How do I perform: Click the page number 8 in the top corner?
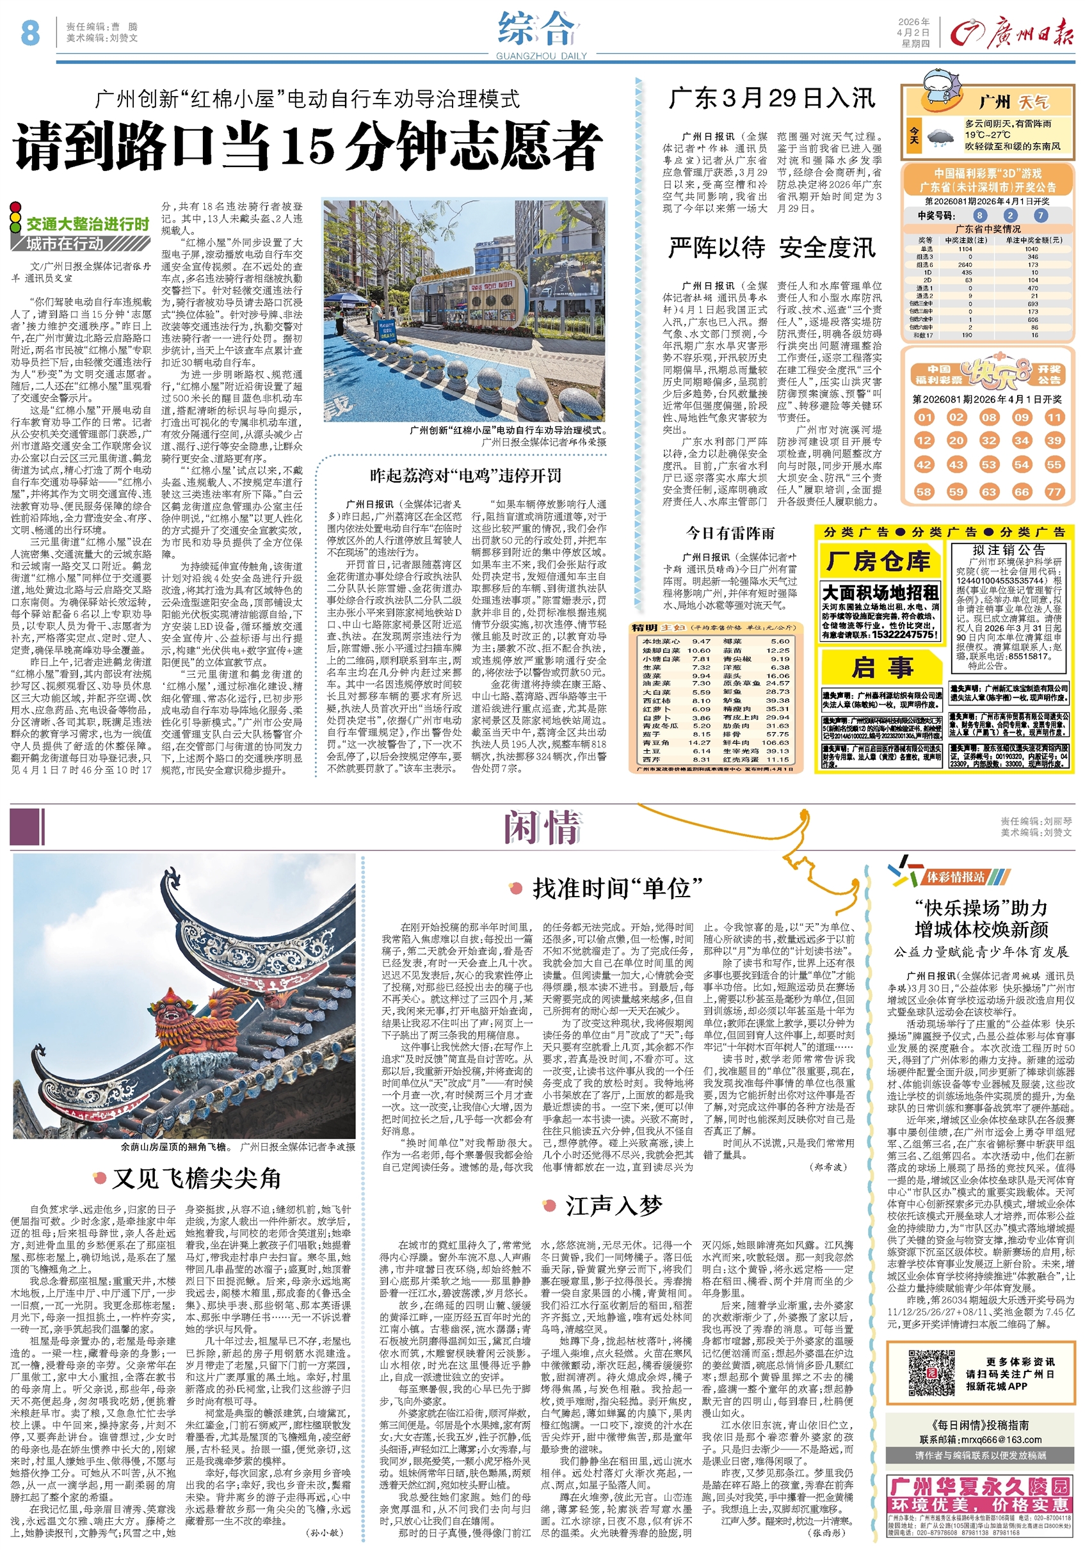tap(30, 33)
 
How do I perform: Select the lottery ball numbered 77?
tap(1054, 491)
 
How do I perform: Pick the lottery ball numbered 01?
tap(924, 417)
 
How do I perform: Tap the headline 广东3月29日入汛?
tap(773, 99)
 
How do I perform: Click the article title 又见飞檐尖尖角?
tap(196, 1178)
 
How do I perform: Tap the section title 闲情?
tap(543, 827)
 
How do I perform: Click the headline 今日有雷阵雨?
tap(730, 533)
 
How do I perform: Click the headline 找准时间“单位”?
tap(618, 888)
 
